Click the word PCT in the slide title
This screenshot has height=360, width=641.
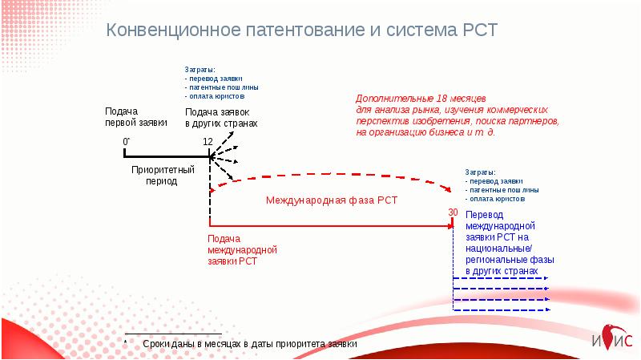[479, 30]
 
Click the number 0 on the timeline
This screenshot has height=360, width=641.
[125, 142]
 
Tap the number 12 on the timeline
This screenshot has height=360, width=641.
[208, 142]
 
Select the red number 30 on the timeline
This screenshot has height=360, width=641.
[453, 212]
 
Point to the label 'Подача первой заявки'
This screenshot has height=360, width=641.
[135, 117]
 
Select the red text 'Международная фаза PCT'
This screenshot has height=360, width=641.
[332, 200]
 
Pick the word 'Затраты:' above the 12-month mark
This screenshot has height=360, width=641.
[200, 70]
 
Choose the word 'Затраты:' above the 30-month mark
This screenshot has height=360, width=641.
[480, 172]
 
